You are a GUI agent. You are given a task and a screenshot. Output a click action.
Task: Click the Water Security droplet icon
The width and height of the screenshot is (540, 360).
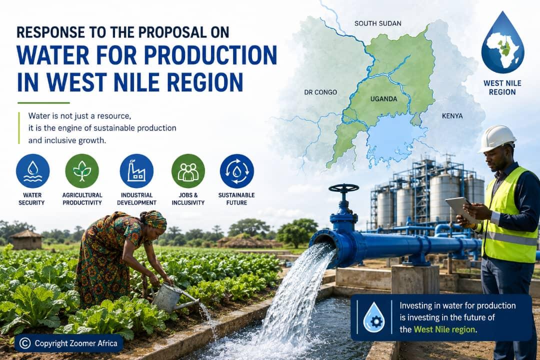(32, 171)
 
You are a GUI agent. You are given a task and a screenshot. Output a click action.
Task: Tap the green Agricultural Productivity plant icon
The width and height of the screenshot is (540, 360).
(82, 171)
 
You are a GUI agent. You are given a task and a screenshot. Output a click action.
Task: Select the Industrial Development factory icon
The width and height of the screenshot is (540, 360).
(136, 171)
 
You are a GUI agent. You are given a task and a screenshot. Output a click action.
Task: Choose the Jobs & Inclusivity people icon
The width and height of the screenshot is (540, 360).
(188, 171)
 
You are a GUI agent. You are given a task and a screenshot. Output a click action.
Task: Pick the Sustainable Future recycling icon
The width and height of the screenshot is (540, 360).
(237, 171)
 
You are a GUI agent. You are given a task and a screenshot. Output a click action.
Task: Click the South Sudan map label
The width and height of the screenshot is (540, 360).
(378, 23)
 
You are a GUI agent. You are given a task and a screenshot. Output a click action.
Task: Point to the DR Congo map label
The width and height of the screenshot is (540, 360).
(320, 92)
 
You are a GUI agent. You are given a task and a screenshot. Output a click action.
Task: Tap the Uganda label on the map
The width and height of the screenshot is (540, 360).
(383, 99)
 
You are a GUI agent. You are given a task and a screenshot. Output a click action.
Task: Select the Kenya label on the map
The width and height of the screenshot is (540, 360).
(452, 116)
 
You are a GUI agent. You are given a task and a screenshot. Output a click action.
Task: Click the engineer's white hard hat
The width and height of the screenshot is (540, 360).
(496, 138)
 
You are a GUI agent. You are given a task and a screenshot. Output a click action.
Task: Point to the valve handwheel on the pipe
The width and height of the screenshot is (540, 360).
(343, 188)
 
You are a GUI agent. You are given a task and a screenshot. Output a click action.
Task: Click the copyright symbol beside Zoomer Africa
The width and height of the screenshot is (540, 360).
(25, 343)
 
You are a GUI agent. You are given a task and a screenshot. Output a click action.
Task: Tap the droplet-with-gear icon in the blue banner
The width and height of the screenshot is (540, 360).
(374, 317)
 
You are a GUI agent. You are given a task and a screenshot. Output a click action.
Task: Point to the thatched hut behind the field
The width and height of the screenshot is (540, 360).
(26, 239)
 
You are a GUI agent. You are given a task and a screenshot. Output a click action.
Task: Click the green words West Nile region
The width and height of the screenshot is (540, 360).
(444, 329)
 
